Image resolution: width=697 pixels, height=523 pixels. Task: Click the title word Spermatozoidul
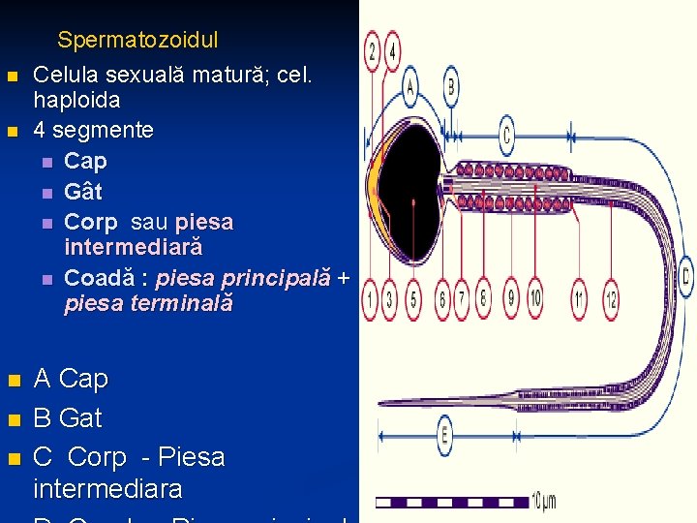point(137,41)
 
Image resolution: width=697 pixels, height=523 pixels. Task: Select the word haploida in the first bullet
point(76,100)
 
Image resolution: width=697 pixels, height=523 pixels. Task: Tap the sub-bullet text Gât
point(82,191)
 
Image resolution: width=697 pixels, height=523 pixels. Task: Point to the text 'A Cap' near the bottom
point(71,379)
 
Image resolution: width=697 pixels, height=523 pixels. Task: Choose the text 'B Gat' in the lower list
point(67,418)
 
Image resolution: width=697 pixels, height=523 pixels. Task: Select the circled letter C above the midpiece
point(506,134)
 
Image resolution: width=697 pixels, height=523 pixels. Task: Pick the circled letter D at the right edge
point(685,275)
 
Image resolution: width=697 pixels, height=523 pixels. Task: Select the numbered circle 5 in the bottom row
point(412,299)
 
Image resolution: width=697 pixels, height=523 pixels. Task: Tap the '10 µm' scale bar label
point(544,500)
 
